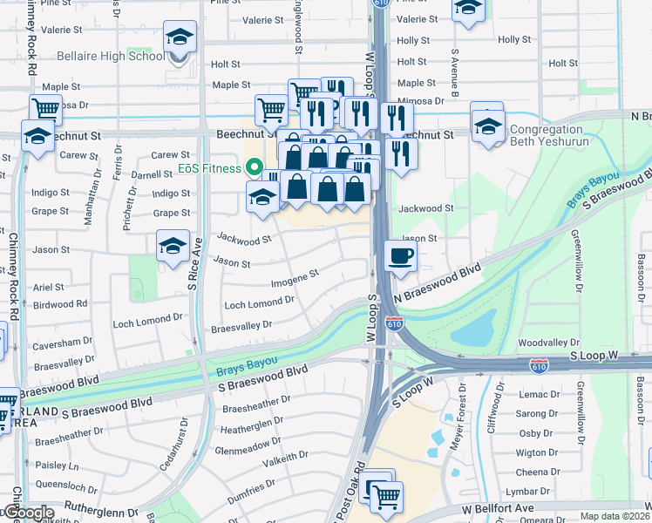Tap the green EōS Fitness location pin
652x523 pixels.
point(255,167)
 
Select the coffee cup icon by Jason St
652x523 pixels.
point(400,256)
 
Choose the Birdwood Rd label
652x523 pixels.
point(59,304)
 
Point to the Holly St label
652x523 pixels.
point(514,40)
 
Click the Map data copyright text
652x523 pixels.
point(615,516)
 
